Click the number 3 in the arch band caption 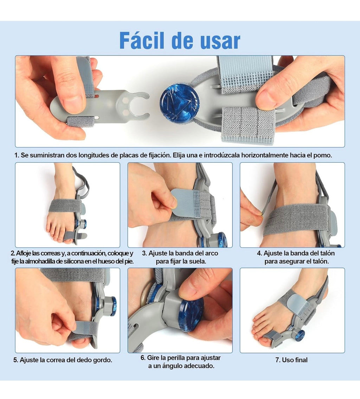[144, 254]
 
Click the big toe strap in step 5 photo [83, 330]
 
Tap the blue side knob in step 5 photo [113, 306]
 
